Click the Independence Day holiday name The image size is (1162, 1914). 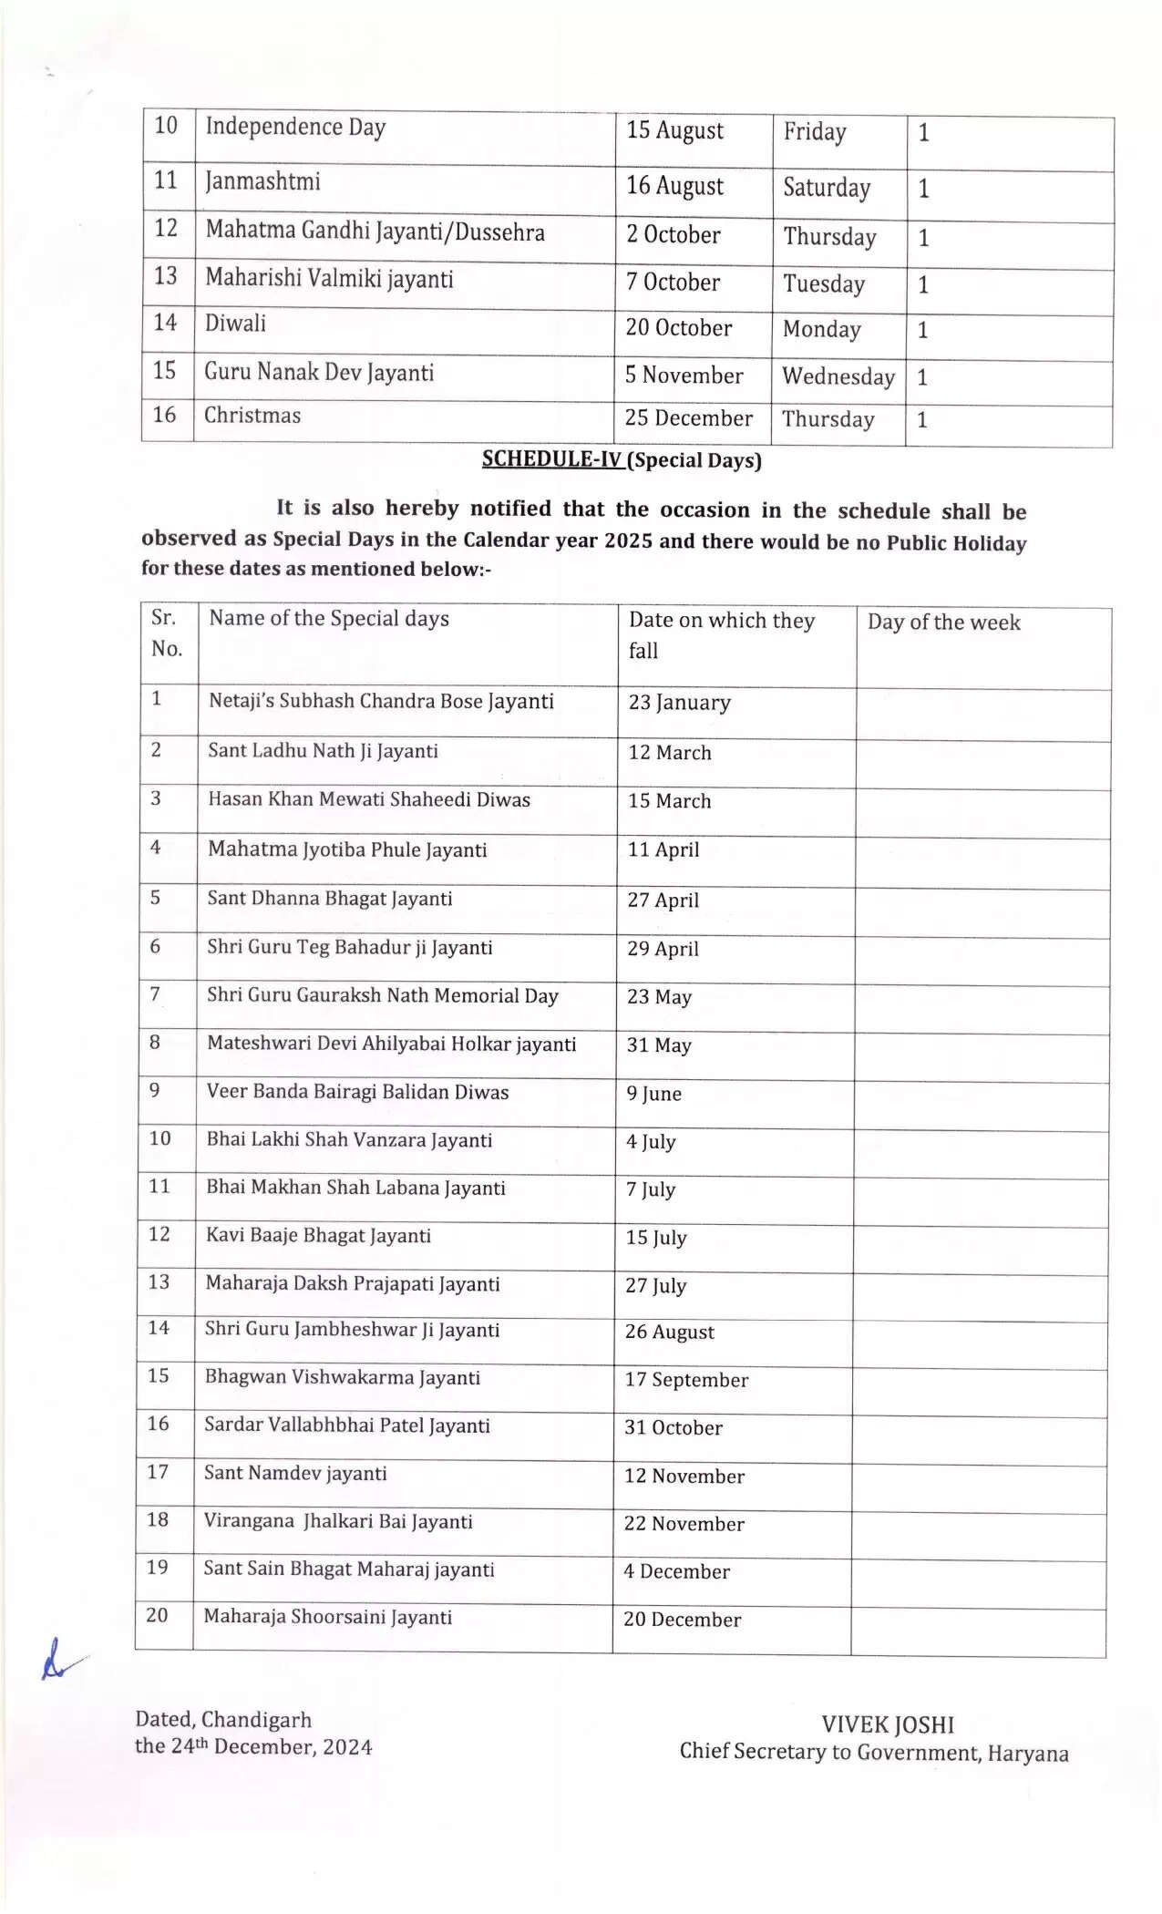coord(295,127)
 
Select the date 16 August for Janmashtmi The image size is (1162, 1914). coord(674,186)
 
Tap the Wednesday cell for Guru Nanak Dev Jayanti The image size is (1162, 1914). coord(838,376)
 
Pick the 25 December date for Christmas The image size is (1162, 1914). coord(688,418)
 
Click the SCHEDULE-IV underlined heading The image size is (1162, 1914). coord(552,458)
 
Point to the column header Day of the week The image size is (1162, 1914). coord(943,623)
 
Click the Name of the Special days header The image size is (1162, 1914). coord(329,619)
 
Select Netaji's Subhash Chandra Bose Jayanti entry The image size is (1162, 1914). coord(381,701)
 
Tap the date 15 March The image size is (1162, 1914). coord(669,801)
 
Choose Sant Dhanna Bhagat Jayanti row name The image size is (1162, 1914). coord(329,899)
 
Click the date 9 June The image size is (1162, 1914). coord(653,1094)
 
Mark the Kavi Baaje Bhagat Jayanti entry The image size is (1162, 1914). coord(318,1236)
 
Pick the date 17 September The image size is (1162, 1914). coord(686,1380)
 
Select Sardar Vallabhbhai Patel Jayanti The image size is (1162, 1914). coord(346,1425)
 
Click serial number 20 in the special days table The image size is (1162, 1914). coord(157,1615)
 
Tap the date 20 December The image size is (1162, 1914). coord(682,1620)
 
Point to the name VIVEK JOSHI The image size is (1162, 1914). coord(887,1724)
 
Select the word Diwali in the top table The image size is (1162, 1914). coord(235,324)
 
